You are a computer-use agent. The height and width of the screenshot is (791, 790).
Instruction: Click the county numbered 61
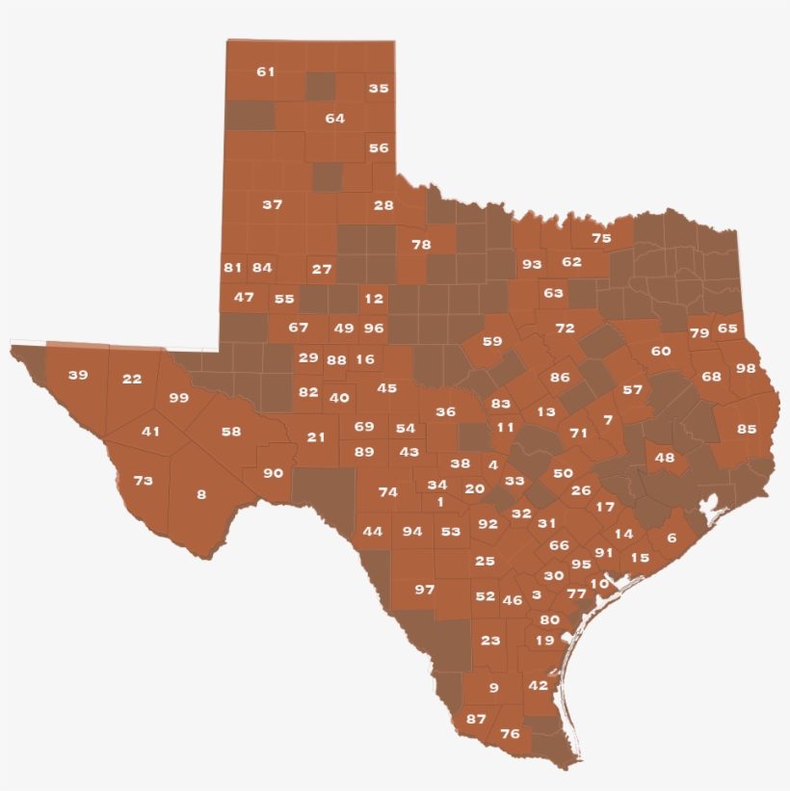(266, 72)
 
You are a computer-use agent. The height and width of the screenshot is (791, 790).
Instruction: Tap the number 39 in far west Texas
(77, 375)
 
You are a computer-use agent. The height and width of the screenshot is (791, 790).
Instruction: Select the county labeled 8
(201, 494)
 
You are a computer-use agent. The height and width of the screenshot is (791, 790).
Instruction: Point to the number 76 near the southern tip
(510, 734)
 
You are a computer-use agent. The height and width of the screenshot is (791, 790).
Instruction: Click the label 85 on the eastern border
(747, 429)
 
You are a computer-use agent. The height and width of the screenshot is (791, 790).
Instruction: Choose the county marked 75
(601, 238)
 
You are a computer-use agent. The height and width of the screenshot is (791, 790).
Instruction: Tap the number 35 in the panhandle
(379, 89)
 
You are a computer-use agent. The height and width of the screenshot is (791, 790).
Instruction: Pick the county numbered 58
(231, 432)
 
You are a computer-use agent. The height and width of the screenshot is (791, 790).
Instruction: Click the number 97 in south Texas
(425, 589)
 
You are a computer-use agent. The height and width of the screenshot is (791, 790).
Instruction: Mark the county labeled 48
(665, 458)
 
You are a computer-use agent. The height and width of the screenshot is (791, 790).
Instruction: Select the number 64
(335, 119)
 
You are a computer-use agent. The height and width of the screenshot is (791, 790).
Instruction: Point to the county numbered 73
(143, 480)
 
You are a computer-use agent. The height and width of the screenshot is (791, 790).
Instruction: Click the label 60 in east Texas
(661, 351)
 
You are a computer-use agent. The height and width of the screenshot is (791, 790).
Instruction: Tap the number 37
(273, 204)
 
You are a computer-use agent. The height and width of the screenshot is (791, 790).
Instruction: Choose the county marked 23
(490, 640)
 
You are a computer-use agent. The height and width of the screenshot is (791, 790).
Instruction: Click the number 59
(492, 341)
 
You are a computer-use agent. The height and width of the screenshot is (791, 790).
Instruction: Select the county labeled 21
(316, 436)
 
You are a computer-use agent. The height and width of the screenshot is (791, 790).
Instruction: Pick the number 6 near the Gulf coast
(671, 538)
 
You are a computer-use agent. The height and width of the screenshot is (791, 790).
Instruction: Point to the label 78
(421, 244)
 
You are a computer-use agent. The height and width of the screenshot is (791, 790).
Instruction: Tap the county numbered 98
(746, 368)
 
